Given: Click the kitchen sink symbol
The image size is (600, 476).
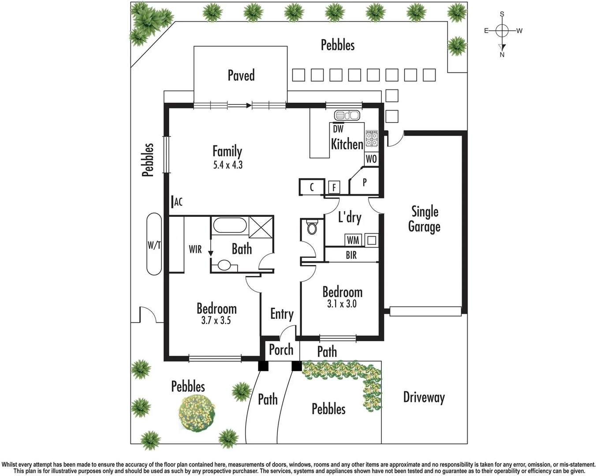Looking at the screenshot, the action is click(347, 115).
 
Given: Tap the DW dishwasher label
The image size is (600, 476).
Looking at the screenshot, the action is click(338, 129).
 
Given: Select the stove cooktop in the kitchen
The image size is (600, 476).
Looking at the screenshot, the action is click(372, 138).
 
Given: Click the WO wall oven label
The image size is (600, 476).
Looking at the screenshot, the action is click(371, 159).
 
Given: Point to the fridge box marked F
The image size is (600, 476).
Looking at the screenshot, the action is click(334, 187).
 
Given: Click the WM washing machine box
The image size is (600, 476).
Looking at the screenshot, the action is click(353, 240).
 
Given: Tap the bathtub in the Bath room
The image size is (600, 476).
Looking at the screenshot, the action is click(230, 225).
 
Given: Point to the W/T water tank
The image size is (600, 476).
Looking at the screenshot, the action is click(154, 244).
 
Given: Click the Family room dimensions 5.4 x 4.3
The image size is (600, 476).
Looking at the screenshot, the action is click(228, 165).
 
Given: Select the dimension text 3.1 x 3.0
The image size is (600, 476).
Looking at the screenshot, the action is click(342, 304).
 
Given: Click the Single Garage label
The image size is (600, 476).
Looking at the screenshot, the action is click(425, 219).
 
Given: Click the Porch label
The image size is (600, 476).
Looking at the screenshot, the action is click(281, 350).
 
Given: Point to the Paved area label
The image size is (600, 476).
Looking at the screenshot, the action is click(241, 75).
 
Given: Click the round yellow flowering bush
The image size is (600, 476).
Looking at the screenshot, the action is click(197, 413).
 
